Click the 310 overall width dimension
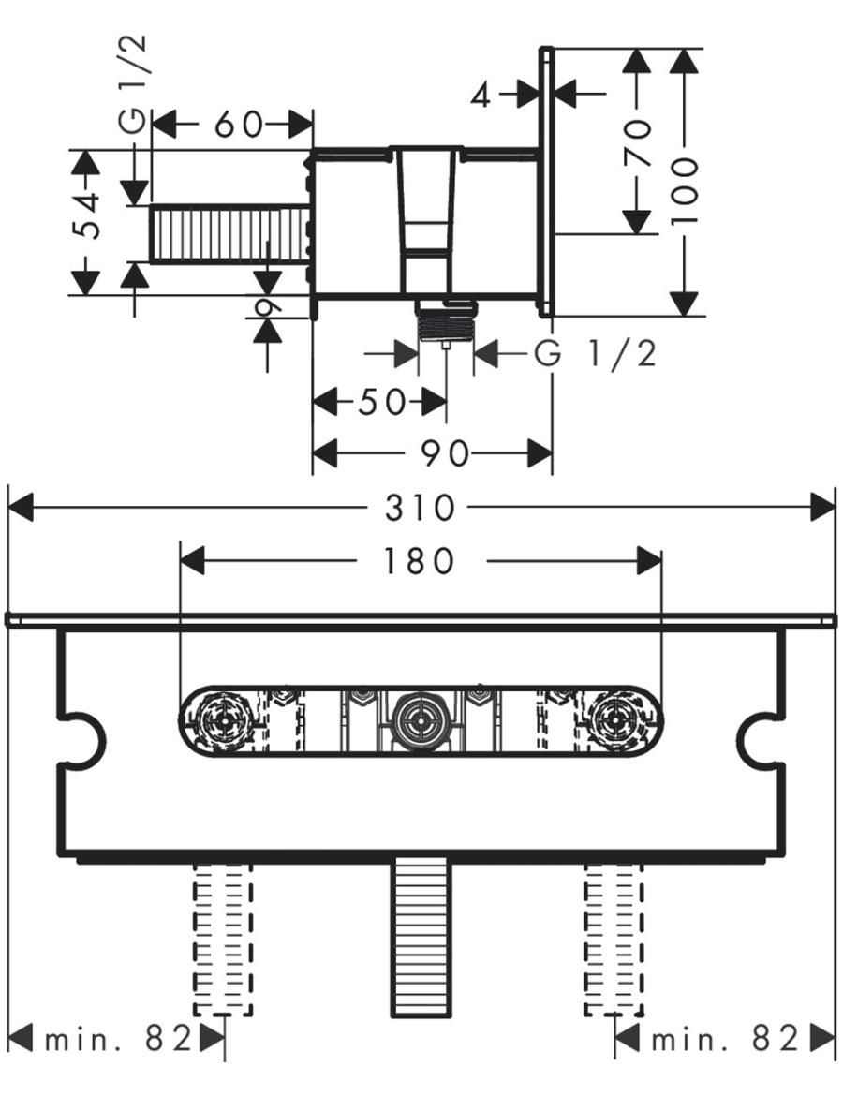point(420,508)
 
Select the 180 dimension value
point(420,561)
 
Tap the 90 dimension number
point(444,453)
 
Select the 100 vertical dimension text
point(686,191)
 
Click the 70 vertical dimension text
point(638,141)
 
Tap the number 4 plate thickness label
point(481,94)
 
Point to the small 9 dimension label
point(267,306)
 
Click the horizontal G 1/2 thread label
point(596,354)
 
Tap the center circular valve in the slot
point(419,721)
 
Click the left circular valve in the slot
point(223,721)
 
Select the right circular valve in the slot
point(616,721)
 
